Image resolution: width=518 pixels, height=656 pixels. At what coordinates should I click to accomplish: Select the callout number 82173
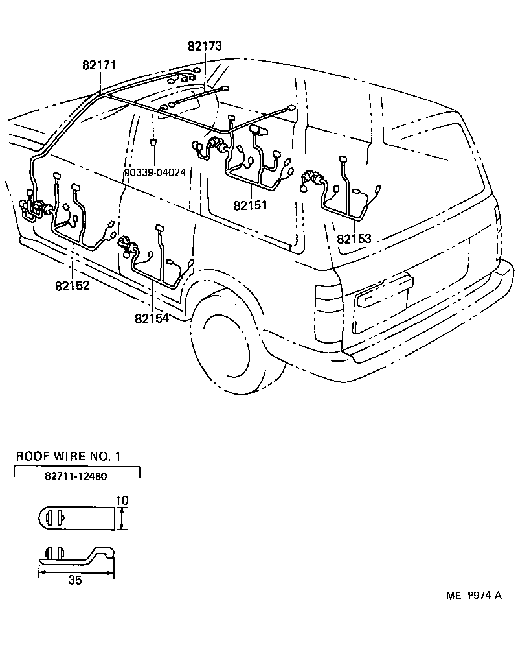tap(205, 46)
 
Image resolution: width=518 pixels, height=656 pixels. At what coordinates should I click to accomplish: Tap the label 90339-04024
tap(155, 173)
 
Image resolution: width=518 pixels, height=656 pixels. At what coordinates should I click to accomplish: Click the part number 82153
tap(354, 239)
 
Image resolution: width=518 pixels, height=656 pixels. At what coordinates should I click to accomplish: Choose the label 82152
tap(71, 285)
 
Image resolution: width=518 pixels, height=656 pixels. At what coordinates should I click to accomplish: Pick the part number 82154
tap(152, 318)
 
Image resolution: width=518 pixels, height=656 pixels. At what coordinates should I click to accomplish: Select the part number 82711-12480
tap(76, 476)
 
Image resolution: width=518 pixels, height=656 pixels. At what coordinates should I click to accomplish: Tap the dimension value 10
tap(122, 500)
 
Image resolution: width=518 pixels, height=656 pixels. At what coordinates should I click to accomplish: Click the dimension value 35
tap(75, 580)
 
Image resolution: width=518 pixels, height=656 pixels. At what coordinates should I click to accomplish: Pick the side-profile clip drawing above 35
tap(76, 558)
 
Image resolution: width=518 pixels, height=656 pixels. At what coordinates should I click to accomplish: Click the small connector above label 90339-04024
tap(153, 143)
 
